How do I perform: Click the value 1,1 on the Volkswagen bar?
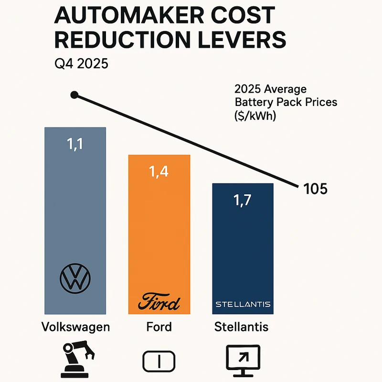(x=74, y=144)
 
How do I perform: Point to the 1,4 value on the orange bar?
(x=159, y=172)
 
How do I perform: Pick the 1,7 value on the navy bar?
(x=243, y=200)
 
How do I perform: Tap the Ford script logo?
(x=159, y=303)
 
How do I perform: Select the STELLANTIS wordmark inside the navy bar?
(x=243, y=304)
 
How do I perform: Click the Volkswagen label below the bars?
(x=76, y=328)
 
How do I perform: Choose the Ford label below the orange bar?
(x=159, y=328)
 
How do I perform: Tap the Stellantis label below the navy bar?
(x=241, y=328)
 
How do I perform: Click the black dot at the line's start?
(x=74, y=95)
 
